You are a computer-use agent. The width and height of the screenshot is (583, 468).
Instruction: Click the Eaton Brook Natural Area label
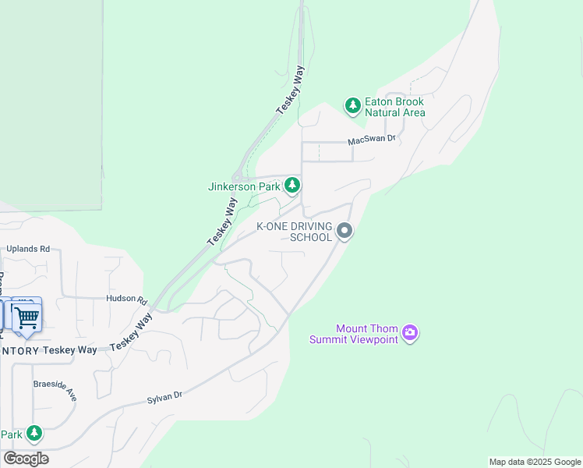[395, 107]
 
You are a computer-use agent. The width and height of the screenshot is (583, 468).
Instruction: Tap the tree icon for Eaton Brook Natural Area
[353, 105]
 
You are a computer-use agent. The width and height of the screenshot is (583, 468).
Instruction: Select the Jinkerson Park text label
[244, 186]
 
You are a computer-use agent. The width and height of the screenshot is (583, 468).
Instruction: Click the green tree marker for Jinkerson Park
[292, 185]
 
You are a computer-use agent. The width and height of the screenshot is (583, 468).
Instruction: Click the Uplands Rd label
[28, 249]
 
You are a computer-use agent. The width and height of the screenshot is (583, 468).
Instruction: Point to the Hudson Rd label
[127, 300]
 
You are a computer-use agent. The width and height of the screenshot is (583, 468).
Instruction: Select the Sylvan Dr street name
[164, 398]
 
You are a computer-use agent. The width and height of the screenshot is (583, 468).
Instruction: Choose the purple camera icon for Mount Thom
[410, 334]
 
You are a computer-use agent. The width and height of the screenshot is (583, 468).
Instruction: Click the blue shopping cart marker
[27, 317]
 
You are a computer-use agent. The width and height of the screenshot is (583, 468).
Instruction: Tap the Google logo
[26, 459]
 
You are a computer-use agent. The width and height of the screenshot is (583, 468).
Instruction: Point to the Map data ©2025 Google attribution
[534, 462]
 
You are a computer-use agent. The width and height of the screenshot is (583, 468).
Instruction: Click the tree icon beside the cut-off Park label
[34, 433]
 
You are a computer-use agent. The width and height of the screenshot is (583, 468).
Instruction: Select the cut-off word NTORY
[20, 350]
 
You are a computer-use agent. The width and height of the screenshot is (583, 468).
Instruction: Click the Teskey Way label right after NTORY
[70, 350]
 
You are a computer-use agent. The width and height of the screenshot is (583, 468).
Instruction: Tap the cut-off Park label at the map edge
[11, 434]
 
